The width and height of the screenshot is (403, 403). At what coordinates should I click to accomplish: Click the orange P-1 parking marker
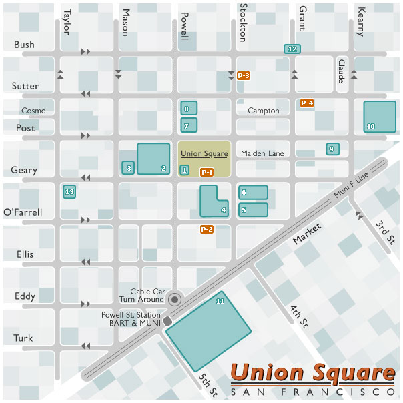point(207,172)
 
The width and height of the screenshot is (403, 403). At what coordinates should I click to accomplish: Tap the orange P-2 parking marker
point(207,230)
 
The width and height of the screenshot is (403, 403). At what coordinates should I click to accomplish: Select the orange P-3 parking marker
point(244,76)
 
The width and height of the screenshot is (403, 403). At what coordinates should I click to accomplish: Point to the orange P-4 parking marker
point(307,103)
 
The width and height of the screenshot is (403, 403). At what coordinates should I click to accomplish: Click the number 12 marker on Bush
point(292,49)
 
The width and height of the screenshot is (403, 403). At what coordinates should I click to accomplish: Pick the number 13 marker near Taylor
point(69,192)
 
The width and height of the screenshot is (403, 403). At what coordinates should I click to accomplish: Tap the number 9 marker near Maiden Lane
point(332,149)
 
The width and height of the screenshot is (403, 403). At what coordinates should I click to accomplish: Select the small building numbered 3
point(128,168)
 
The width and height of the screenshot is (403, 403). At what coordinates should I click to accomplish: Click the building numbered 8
point(189,109)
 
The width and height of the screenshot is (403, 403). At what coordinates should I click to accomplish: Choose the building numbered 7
point(189,125)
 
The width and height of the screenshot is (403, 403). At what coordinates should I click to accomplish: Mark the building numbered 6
point(253,192)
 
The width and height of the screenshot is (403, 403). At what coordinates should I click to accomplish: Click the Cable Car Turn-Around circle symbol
point(175,300)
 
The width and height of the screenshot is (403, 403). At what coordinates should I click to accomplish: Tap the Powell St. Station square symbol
point(167,322)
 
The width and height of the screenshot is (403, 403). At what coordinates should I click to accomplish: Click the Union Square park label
point(204,154)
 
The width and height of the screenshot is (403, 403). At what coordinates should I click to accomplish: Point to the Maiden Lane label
point(262,153)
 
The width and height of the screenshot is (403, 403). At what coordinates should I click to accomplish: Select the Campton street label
point(263,111)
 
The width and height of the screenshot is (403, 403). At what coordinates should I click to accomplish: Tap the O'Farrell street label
point(23,212)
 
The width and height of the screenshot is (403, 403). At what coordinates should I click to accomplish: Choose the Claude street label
point(342,71)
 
